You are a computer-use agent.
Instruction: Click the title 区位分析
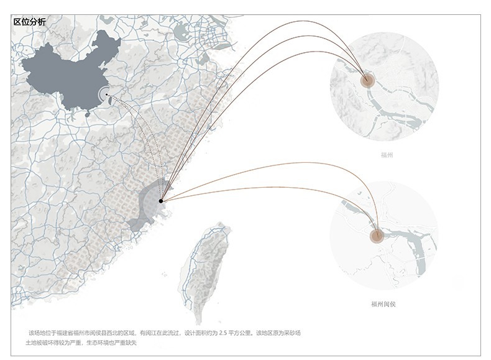(x=29, y=22)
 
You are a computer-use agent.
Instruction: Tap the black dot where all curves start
(x=161, y=201)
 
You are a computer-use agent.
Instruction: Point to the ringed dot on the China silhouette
(x=106, y=95)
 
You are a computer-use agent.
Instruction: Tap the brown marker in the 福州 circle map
(x=367, y=80)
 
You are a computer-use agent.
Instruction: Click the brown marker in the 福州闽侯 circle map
(x=375, y=235)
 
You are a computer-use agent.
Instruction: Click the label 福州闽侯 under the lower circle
(x=383, y=304)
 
